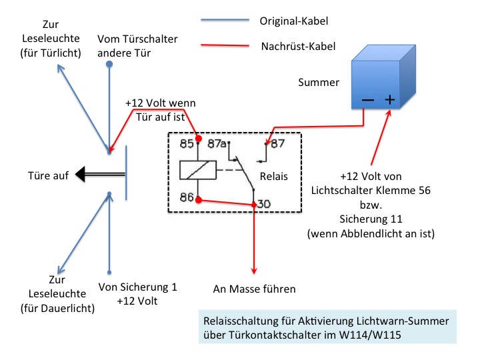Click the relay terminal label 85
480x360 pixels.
[186, 143]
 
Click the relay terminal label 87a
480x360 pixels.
[216, 143]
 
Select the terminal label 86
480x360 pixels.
[186, 198]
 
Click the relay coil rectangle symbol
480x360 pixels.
[197, 170]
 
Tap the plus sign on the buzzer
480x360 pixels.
[390, 100]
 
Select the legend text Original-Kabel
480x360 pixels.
[293, 21]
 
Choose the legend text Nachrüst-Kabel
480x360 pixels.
[293, 47]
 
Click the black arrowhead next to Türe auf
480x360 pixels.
[82, 175]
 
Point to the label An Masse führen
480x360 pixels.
[254, 289]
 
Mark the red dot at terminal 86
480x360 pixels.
[198, 199]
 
